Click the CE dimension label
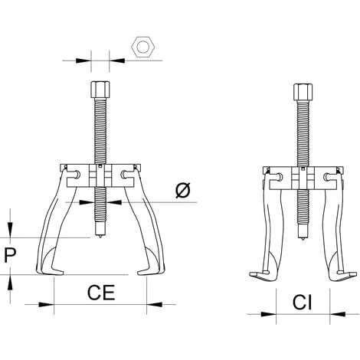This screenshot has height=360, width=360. click(x=101, y=293)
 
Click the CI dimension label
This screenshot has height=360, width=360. click(x=303, y=303)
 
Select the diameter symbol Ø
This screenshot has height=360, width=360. click(x=183, y=191)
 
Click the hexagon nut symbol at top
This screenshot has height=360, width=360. click(x=143, y=47)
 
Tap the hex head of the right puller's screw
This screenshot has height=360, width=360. click(x=303, y=93)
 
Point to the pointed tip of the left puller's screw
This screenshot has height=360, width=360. click(x=100, y=238)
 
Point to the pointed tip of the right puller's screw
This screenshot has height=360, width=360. click(x=303, y=241)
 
